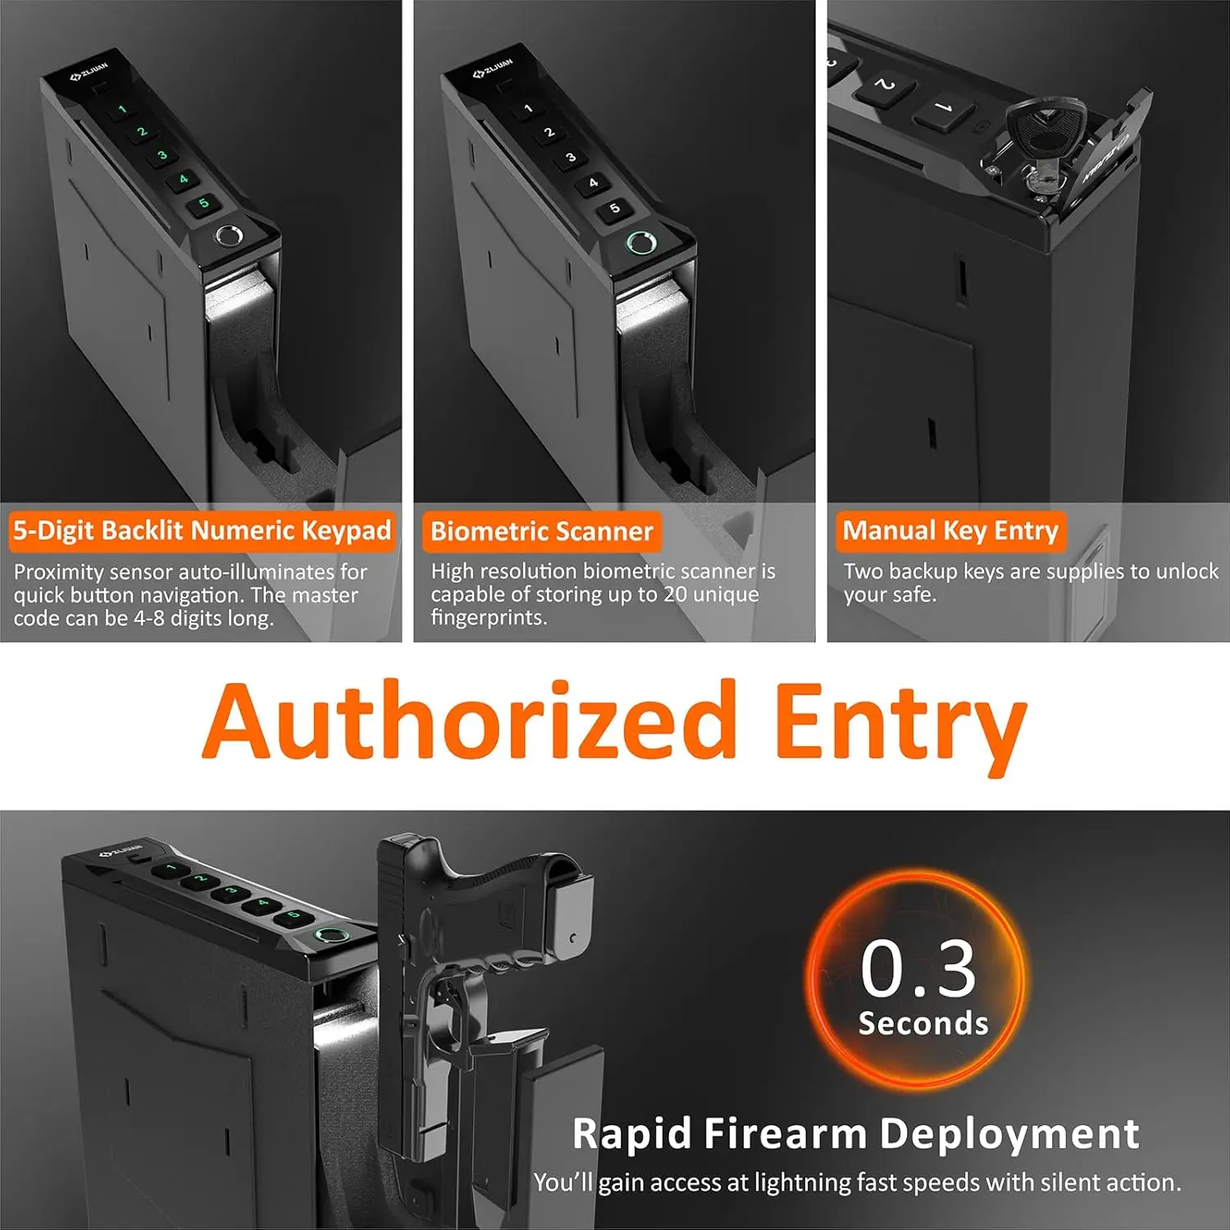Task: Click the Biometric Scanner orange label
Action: [542, 531]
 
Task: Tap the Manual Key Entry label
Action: [950, 531]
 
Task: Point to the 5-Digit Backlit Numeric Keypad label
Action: [202, 531]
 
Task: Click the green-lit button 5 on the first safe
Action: [204, 203]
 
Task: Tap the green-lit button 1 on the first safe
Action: [122, 109]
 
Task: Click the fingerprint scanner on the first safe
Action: [229, 237]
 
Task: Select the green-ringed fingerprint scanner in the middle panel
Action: [640, 243]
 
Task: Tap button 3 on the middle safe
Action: [571, 157]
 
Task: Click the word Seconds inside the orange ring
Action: [923, 1023]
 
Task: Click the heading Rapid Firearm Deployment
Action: [855, 1134]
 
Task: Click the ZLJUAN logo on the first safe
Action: [89, 71]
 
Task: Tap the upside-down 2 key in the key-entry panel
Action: [884, 85]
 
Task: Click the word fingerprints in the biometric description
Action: [489, 617]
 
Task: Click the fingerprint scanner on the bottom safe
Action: [329, 936]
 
